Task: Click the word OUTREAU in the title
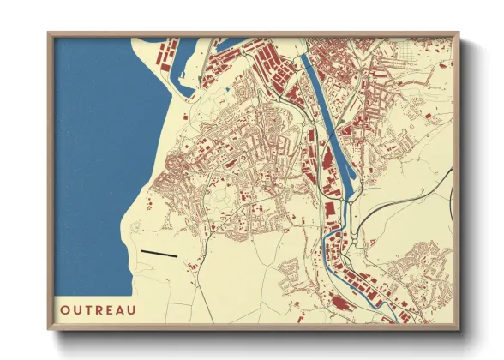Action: click(97, 306)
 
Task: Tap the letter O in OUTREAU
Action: click(65, 306)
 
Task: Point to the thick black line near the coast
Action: click(159, 254)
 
